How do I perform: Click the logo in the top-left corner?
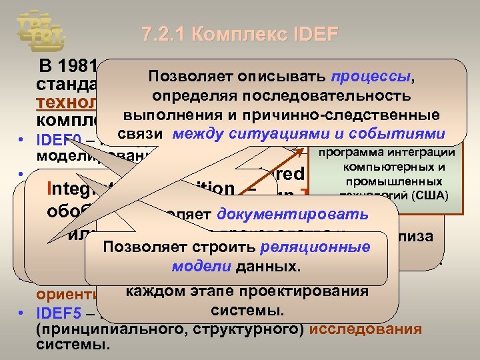pyautogui.click(x=40, y=30)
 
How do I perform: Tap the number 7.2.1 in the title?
pyautogui.click(x=163, y=34)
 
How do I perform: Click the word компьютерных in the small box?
pyautogui.click(x=399, y=169)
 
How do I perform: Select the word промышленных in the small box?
pyautogui.click(x=399, y=181)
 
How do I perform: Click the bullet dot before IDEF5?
pyautogui.click(x=23, y=311)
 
